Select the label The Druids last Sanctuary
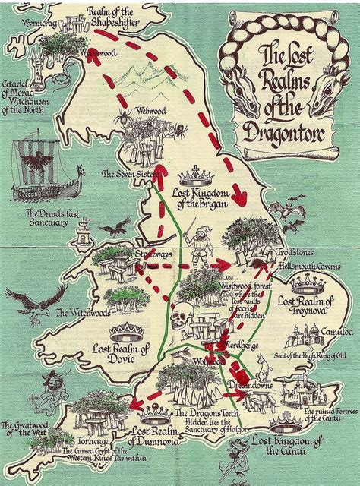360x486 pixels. pos(52,217)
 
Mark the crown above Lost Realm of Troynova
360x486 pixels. pos(308,284)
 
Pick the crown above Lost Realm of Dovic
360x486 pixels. pos(125,333)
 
